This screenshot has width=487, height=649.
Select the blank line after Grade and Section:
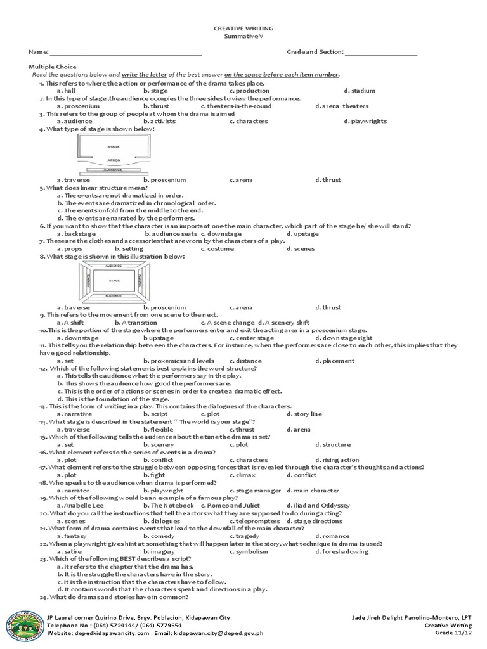[x=380, y=53]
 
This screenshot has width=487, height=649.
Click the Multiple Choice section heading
[x=53, y=67]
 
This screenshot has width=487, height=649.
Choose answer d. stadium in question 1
[x=360, y=91]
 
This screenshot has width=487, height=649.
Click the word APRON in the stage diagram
[x=114, y=160]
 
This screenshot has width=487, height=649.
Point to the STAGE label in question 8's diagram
[x=114, y=280]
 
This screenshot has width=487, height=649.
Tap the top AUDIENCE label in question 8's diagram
[x=114, y=265]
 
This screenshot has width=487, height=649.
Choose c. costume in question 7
[x=218, y=249]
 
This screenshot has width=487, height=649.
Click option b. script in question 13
[x=155, y=414]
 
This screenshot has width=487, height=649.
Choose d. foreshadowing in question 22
[x=342, y=551]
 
